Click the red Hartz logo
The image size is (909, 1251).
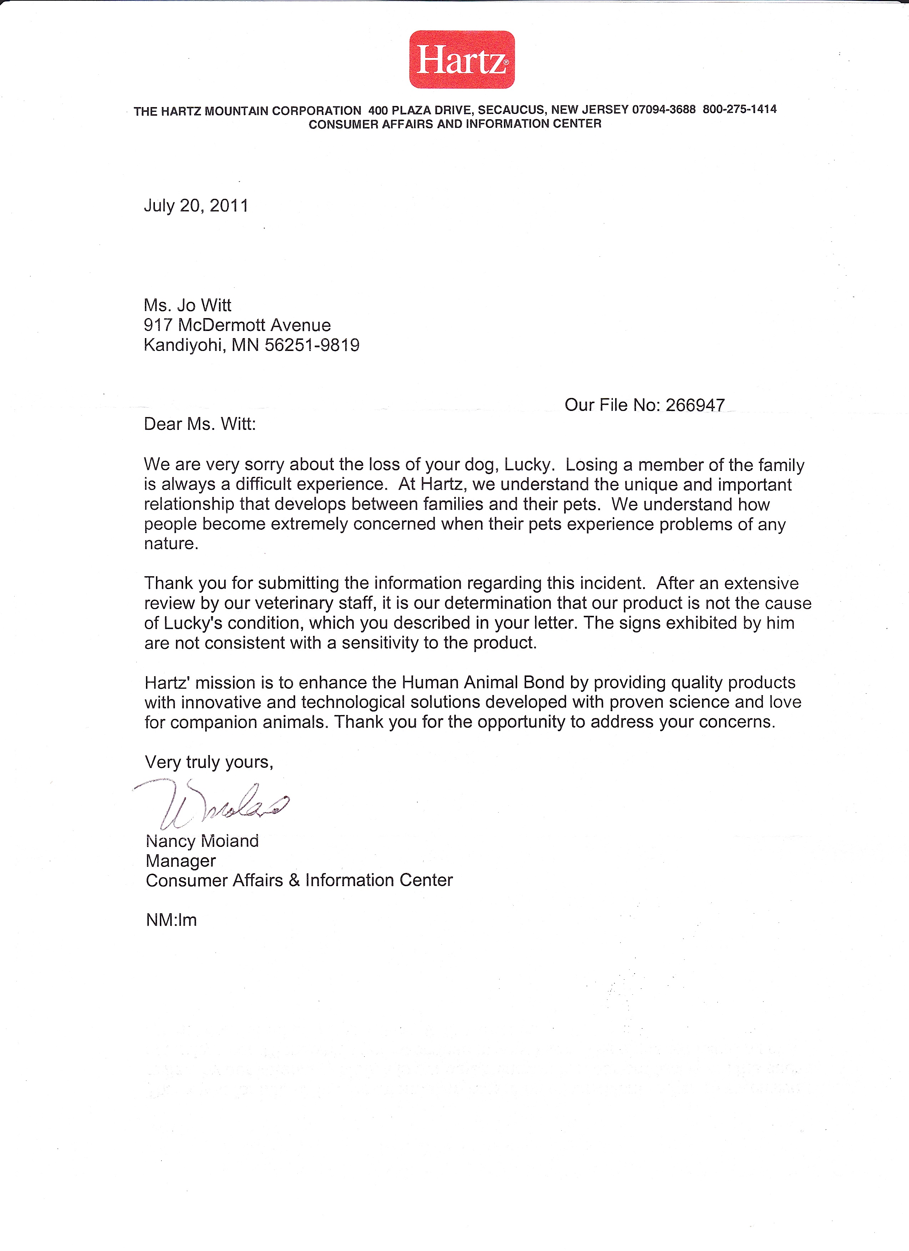[x=462, y=60]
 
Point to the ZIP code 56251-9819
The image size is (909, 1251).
[x=312, y=345]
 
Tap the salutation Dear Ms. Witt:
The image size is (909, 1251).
[x=200, y=424]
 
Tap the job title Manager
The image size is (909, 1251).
[x=181, y=861]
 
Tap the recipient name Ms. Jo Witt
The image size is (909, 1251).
[x=187, y=306]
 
